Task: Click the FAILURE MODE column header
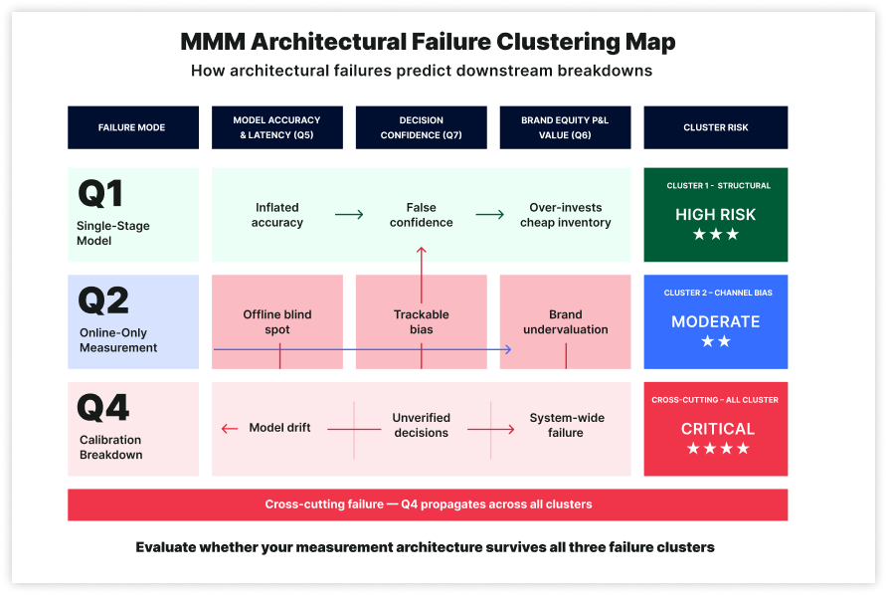pyautogui.click(x=132, y=127)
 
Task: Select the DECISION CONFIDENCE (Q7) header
pyautogui.click(x=421, y=127)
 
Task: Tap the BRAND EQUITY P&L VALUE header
pyautogui.click(x=564, y=127)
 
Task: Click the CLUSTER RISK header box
pyautogui.click(x=716, y=127)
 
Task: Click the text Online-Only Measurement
pyautogui.click(x=118, y=340)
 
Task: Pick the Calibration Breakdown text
pyautogui.click(x=111, y=447)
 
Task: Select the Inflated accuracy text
pyautogui.click(x=277, y=215)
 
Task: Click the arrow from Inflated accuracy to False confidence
pyautogui.click(x=349, y=215)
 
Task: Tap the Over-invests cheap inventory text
pyautogui.click(x=565, y=215)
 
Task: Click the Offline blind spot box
pyautogui.click(x=277, y=321)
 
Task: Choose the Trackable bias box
pyautogui.click(x=421, y=321)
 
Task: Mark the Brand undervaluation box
pyautogui.click(x=565, y=321)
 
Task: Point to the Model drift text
pyautogui.click(x=279, y=428)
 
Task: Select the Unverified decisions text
pyautogui.click(x=421, y=425)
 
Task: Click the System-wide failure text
pyautogui.click(x=567, y=425)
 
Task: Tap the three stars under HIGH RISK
pyautogui.click(x=716, y=235)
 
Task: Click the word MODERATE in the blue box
pyautogui.click(x=716, y=321)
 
